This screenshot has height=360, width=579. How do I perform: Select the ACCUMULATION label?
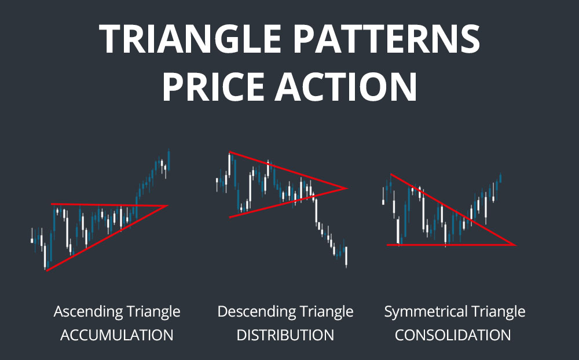click(117, 335)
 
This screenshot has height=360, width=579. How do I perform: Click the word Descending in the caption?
click(253, 312)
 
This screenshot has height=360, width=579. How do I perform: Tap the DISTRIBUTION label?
click(284, 335)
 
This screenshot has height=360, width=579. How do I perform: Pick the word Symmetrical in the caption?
click(423, 312)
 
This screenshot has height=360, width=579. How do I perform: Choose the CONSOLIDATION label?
click(453, 335)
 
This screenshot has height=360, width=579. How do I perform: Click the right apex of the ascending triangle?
click(167, 205)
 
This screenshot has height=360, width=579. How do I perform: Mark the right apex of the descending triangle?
click(346, 188)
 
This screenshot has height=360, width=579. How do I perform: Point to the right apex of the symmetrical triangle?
click(515, 245)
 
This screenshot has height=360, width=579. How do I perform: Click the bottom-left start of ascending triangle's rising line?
click(46, 270)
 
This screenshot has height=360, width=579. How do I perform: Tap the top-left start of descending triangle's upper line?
click(230, 153)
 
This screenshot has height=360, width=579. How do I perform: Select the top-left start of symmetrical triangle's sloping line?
click(391, 174)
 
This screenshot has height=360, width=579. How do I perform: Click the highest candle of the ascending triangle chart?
click(168, 155)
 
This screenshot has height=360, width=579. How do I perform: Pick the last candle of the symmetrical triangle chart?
click(500, 178)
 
